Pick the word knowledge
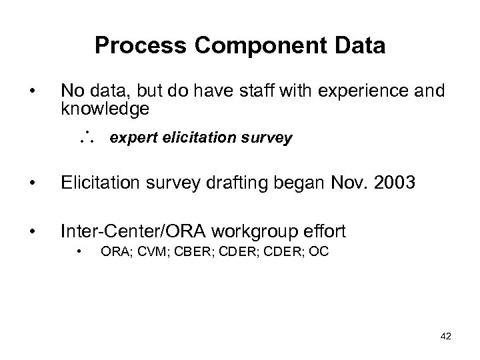click(105, 108)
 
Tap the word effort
click(326, 232)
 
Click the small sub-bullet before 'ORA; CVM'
click(79, 253)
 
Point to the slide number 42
click(445, 336)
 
